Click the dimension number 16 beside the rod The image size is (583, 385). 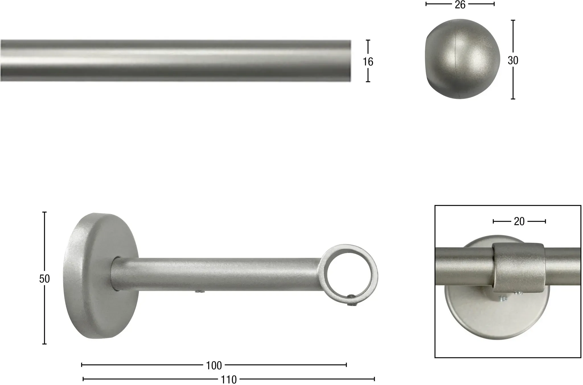pos(368,61)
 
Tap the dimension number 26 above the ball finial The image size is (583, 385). pos(460,5)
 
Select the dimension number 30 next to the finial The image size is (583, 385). pos(513,60)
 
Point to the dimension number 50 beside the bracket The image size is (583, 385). pos(44,279)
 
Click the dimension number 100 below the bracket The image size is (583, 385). pos(214,366)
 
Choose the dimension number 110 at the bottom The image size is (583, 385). pos(229,380)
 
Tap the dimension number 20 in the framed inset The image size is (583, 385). pos(519,221)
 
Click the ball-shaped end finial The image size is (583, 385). pos(463,59)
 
